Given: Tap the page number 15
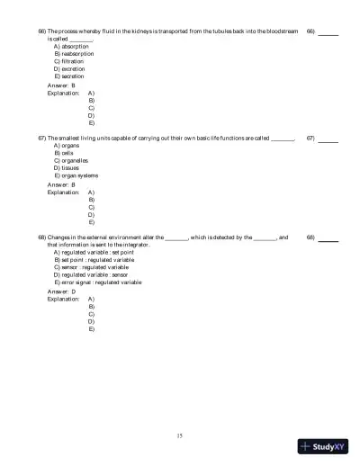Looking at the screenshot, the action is point(179,435).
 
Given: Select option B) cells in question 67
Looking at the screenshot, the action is point(65,153).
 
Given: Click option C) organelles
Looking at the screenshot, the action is point(71,160).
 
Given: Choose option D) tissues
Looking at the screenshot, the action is point(67,168).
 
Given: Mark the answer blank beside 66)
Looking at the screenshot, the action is point(328,33).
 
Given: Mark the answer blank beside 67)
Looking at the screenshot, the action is point(328,139).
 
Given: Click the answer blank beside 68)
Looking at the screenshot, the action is point(328,239).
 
